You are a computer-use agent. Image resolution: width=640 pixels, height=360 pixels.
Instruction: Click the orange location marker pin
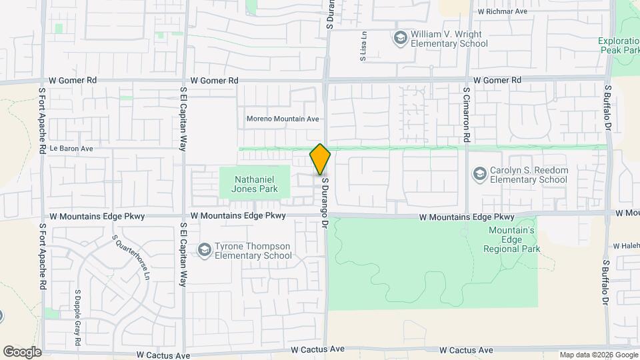321,159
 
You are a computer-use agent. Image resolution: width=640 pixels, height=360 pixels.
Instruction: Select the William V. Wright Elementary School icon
400,37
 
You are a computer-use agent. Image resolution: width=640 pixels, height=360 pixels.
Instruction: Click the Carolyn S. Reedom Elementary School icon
479,175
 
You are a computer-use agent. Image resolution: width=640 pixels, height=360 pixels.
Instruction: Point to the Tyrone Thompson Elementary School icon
205,251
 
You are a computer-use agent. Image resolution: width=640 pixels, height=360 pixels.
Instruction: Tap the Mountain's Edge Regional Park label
512,239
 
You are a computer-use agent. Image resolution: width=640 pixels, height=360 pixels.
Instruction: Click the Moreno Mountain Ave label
283,119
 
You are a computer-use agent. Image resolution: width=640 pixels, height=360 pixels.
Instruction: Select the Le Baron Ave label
71,149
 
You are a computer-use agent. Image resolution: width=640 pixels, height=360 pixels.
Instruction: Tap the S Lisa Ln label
364,47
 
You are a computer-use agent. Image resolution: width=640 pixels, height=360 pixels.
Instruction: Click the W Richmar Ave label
503,12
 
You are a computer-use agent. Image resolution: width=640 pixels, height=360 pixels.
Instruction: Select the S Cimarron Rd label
467,114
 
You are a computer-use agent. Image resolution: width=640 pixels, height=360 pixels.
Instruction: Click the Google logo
22,351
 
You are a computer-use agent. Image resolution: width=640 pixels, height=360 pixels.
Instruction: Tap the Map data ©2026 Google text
598,355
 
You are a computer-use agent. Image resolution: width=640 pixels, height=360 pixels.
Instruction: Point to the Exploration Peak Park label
619,45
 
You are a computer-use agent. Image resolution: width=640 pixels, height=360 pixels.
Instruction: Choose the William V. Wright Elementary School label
449,39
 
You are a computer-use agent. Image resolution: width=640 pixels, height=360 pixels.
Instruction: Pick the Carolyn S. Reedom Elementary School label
529,175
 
